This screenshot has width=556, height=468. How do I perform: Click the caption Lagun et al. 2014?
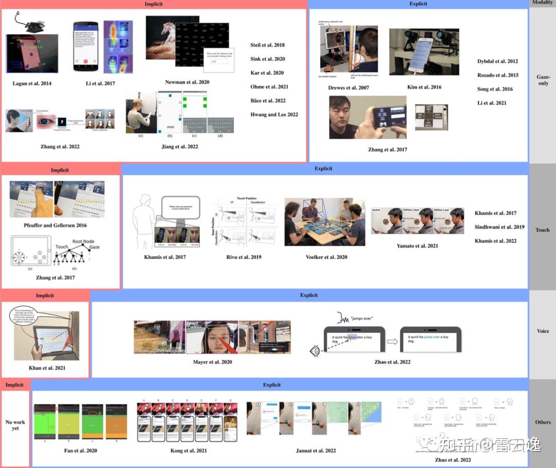(x=32, y=83)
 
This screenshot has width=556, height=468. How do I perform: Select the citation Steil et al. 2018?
(x=267, y=45)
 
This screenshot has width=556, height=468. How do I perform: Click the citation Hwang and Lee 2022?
(x=274, y=114)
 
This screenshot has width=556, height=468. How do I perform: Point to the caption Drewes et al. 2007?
(x=349, y=88)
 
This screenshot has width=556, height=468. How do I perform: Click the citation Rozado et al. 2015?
(x=498, y=75)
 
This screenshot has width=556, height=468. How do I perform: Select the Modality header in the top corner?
(x=543, y=3)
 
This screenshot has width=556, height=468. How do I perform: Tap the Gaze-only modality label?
(x=543, y=79)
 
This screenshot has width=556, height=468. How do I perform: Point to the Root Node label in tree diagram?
(x=84, y=241)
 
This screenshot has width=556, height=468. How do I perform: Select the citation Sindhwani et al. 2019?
(x=499, y=227)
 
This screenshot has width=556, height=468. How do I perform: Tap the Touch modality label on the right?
(x=543, y=230)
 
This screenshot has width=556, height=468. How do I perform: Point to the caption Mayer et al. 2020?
(x=212, y=362)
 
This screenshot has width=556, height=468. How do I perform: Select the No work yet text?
(x=15, y=425)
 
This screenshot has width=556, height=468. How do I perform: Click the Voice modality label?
(x=543, y=331)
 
